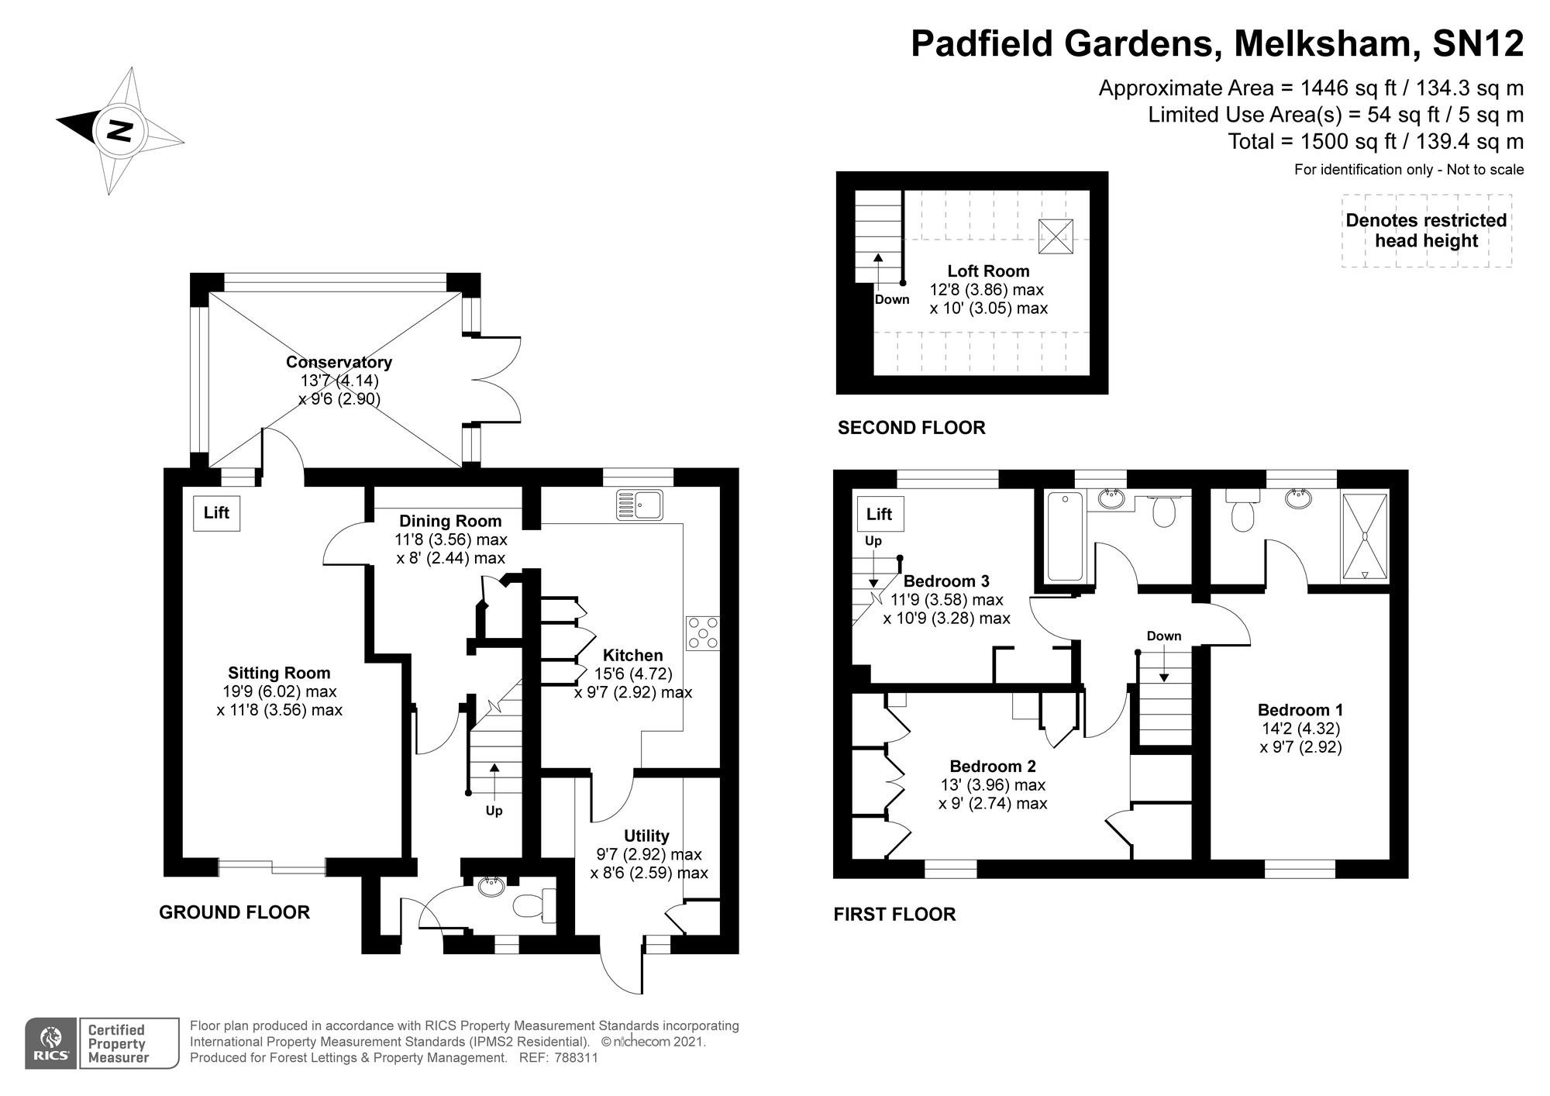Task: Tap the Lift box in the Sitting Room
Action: tap(216, 512)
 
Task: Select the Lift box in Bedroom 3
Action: tap(880, 514)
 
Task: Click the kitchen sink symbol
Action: tap(639, 505)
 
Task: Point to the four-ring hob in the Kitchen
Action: tap(703, 632)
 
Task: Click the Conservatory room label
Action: tap(339, 362)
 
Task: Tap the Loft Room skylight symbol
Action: tap(1056, 236)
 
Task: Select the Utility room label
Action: tap(646, 836)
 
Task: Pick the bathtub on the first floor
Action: tap(1065, 536)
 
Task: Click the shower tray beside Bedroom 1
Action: tap(1365, 536)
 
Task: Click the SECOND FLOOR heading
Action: tap(911, 428)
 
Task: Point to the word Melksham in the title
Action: tap(1321, 43)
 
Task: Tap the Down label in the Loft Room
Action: tap(892, 300)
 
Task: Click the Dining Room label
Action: tap(450, 521)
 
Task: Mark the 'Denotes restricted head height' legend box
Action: tap(1426, 230)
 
